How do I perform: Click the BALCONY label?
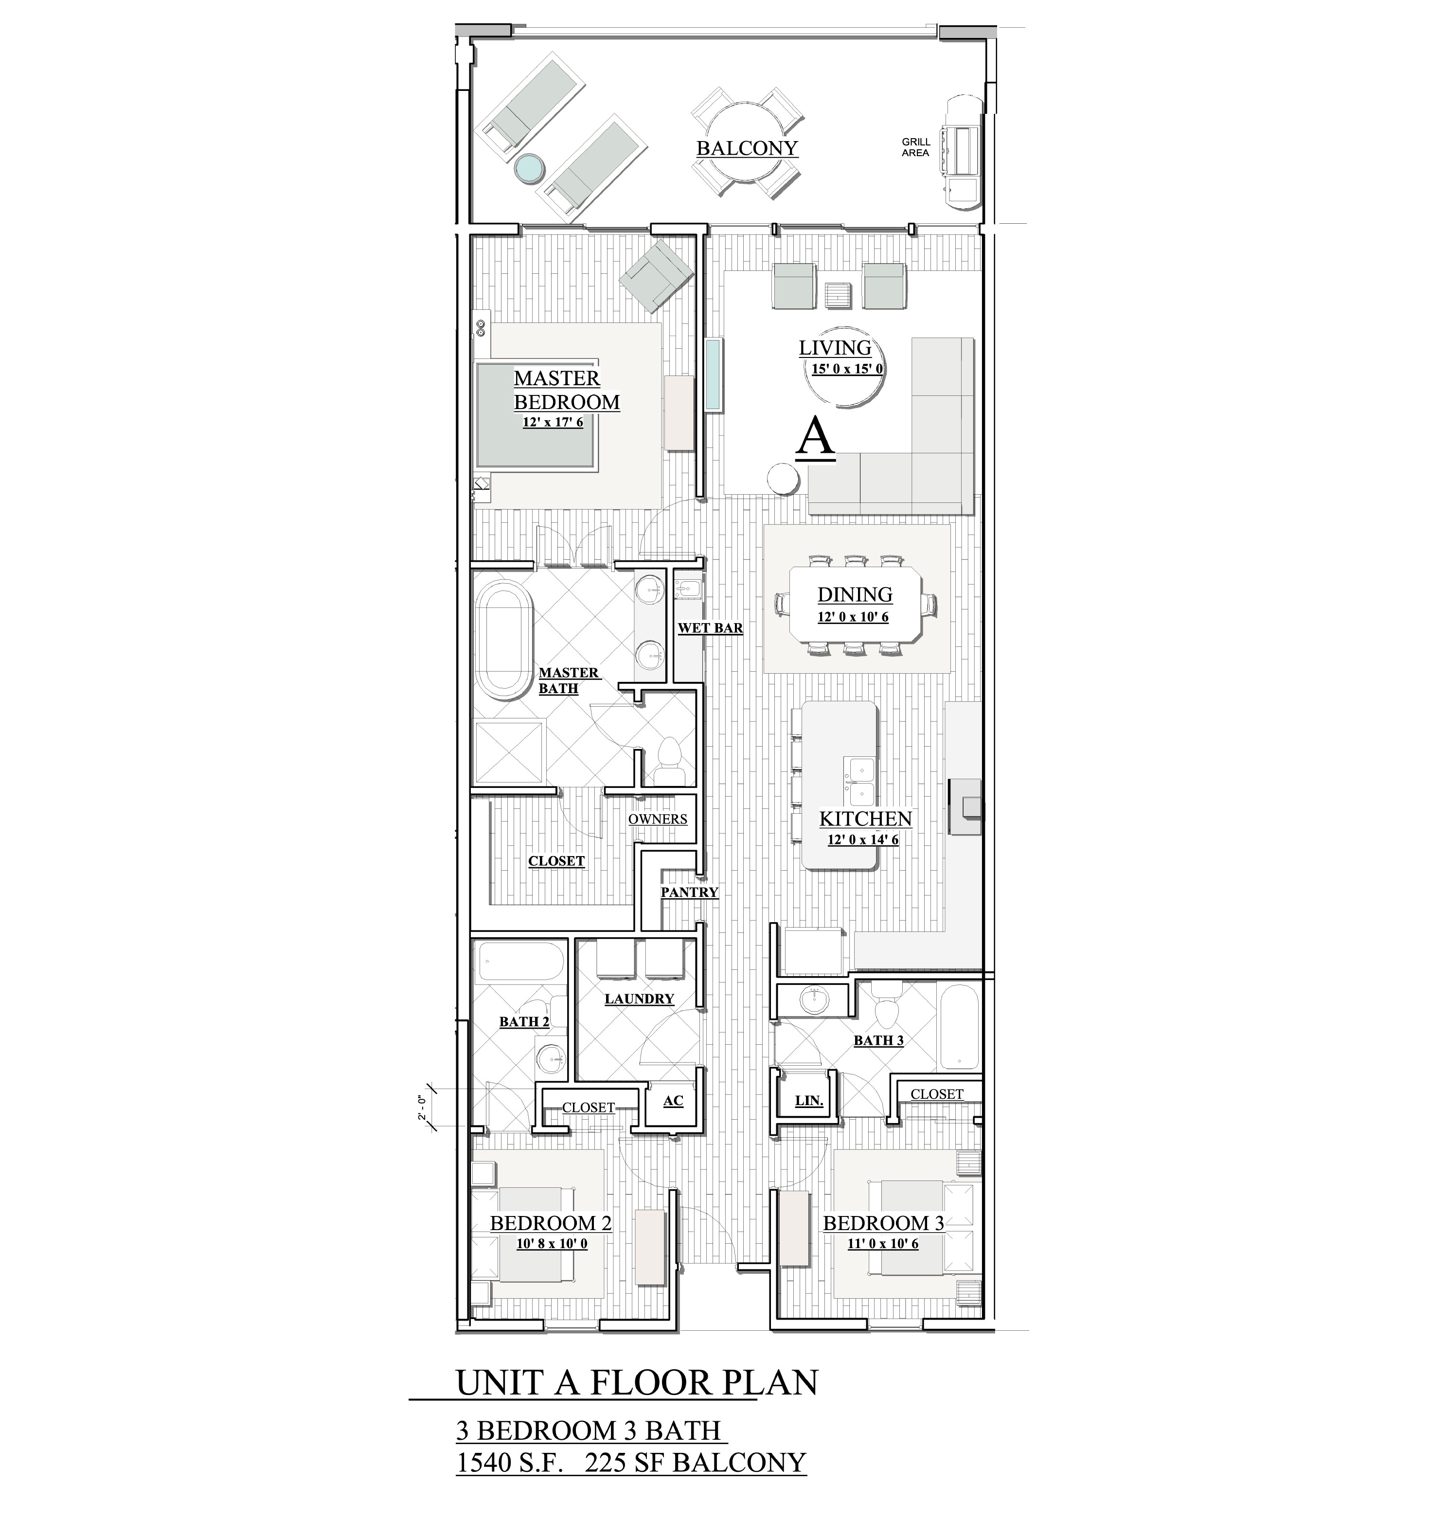pos(747,148)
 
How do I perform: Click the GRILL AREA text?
pos(915,147)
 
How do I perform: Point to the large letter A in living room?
pos(815,440)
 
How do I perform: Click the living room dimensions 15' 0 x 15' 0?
pos(847,369)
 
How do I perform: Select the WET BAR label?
pos(711,628)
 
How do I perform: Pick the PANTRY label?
pos(690,892)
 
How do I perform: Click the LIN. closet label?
pos(809,1101)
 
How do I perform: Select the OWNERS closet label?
pos(658,819)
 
